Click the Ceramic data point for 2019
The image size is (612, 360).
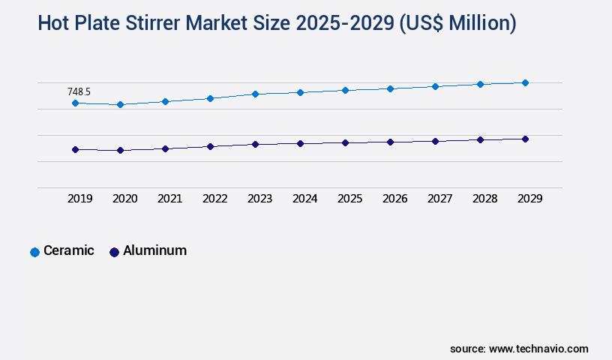point(75,103)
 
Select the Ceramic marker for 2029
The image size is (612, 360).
point(525,82)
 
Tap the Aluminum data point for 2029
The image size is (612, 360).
point(525,139)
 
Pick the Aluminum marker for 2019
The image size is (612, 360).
point(75,149)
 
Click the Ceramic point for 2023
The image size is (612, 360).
point(255,94)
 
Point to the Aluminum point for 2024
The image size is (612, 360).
point(300,143)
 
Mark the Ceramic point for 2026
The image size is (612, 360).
point(390,88)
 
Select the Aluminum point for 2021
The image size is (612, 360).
point(165,148)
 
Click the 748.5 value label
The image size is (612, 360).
point(79,91)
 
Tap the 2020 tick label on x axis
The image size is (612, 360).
point(124,199)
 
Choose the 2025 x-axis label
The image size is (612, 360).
point(349,199)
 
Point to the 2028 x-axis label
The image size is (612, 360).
point(484,199)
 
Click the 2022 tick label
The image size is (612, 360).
point(214,199)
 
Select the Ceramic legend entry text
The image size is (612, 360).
point(69,251)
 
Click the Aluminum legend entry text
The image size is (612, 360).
point(154,251)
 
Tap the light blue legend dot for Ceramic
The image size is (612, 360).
point(34,252)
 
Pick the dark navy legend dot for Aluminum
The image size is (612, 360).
point(114,252)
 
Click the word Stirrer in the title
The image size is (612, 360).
point(173,23)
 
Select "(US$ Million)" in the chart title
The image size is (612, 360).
point(457,23)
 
